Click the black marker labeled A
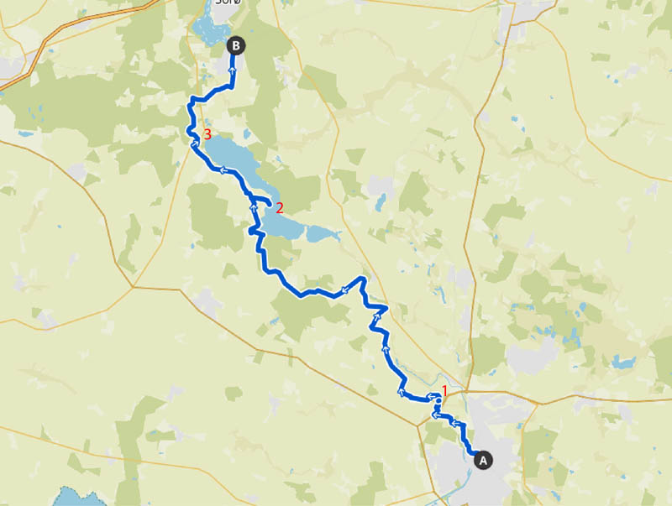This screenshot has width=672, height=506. point(482,459)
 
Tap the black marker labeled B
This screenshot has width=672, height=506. point(236,46)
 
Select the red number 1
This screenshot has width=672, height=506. point(444,390)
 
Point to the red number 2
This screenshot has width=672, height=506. point(280,206)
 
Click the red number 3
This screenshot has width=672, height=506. point(207,134)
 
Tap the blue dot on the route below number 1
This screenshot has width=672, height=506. point(438,401)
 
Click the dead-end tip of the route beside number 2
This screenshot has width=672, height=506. point(269,204)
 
